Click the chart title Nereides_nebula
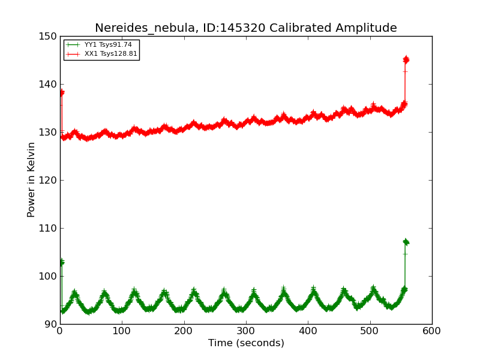245,28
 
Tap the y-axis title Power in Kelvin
31,180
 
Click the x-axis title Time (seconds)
246,343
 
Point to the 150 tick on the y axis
48,36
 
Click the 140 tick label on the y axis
48,84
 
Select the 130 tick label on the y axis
48,132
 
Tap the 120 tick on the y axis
48,180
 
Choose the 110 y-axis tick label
48,228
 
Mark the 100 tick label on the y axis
48,276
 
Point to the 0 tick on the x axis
60,331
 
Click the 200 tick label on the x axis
184,331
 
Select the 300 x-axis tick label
246,331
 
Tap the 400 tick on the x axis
308,331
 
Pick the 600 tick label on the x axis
432,331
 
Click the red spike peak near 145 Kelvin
406,59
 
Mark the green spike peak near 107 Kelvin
406,242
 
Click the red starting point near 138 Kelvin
61,92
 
